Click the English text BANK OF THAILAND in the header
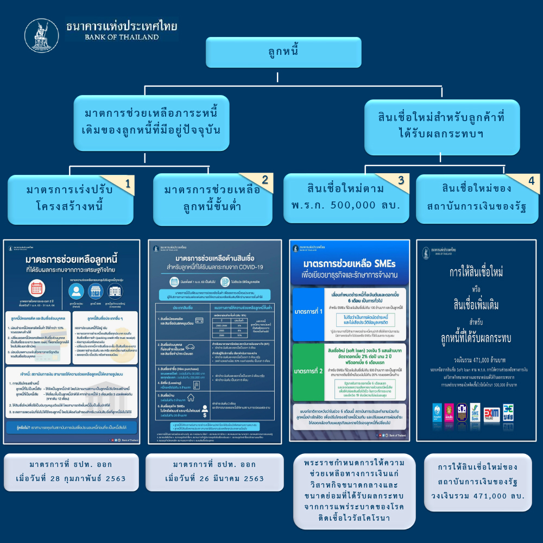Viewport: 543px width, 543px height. pyautogui.click(x=122, y=37)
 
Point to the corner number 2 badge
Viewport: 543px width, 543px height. pyautogui.click(x=265, y=181)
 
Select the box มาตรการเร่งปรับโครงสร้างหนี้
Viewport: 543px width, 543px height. pyautogui.click(x=71, y=198)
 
